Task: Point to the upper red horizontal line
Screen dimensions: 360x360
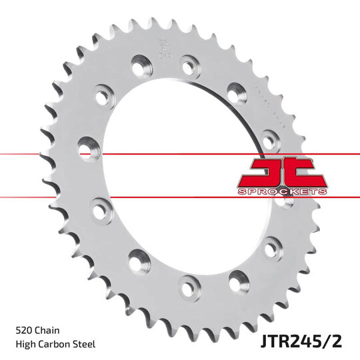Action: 40,154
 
